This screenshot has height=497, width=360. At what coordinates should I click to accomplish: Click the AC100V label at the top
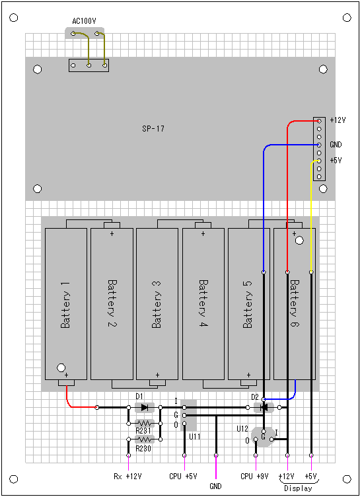click(x=84, y=21)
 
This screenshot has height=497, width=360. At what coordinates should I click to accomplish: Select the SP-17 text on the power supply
click(x=153, y=129)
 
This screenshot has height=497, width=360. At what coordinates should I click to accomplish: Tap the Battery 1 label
click(x=65, y=305)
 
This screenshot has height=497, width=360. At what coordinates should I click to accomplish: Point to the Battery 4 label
click(x=203, y=303)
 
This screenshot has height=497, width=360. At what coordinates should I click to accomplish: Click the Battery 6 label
click(x=295, y=303)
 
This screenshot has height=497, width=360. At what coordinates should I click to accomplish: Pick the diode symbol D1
click(x=145, y=407)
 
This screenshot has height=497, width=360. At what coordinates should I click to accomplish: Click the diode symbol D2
click(x=264, y=407)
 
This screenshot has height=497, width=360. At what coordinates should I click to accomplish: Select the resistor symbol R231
click(x=145, y=423)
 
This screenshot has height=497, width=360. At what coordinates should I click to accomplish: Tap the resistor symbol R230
click(x=145, y=440)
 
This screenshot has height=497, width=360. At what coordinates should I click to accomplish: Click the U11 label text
click(x=195, y=437)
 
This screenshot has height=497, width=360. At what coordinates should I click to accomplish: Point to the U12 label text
click(x=242, y=429)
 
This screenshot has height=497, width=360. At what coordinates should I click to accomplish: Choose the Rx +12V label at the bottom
click(x=127, y=477)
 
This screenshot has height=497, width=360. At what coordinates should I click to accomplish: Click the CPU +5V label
click(x=183, y=477)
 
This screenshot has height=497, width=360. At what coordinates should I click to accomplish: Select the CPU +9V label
click(x=254, y=477)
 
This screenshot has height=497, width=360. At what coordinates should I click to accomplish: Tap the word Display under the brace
click(x=298, y=488)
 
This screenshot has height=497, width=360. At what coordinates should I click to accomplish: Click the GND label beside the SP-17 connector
click(x=336, y=145)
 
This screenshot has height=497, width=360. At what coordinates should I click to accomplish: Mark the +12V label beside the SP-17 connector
click(x=338, y=120)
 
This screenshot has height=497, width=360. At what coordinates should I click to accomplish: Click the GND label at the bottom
click(x=215, y=486)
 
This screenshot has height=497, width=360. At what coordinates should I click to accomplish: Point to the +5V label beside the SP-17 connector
click(x=336, y=161)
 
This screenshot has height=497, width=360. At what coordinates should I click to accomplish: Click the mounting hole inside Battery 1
click(x=61, y=367)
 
